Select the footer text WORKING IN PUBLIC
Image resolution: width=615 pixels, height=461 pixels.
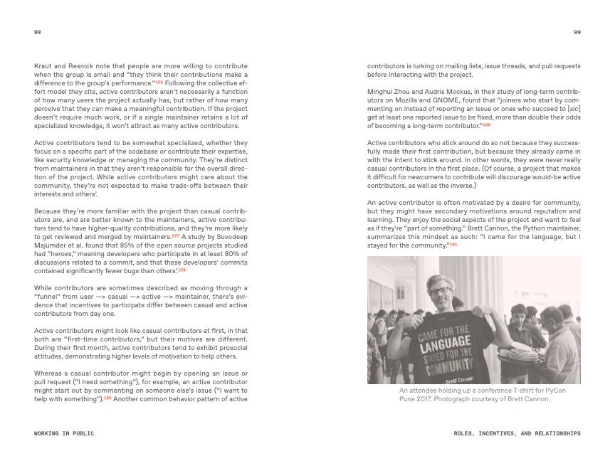point(64,433)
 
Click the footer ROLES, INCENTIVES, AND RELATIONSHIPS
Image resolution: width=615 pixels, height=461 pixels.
point(517,433)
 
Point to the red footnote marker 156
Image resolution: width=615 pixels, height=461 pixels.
point(159,83)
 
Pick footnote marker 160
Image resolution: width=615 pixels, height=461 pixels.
point(486,124)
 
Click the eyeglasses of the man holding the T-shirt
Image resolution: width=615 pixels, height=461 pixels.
point(439,291)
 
